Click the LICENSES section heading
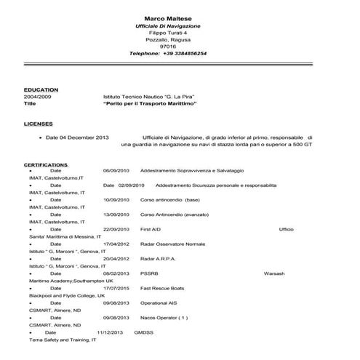tap(38, 124)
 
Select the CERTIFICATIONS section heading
tap(47, 165)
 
